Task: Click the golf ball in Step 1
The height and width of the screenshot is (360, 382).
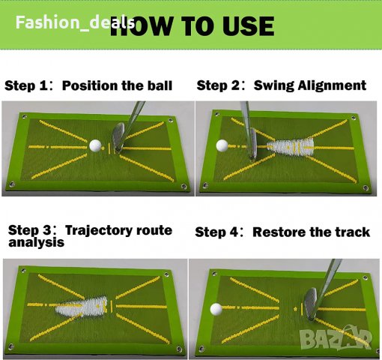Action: (95, 145)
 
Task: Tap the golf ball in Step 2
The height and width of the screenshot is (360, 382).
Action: (222, 145)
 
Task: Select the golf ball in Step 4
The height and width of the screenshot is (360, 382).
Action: (216, 309)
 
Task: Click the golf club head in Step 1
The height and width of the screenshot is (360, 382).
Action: (118, 138)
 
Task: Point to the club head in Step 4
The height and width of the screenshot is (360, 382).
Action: (310, 304)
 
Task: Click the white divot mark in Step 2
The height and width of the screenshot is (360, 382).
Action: (291, 147)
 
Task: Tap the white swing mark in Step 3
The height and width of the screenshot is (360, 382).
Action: (82, 307)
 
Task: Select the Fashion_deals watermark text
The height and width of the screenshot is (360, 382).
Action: (75, 22)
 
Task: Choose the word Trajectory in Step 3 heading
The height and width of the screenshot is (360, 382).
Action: (99, 230)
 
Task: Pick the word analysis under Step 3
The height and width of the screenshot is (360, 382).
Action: (37, 242)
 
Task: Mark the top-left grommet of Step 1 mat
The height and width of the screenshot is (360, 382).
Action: (24, 116)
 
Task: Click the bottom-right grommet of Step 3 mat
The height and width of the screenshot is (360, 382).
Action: (179, 349)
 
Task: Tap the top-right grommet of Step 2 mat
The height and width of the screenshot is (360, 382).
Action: (354, 118)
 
